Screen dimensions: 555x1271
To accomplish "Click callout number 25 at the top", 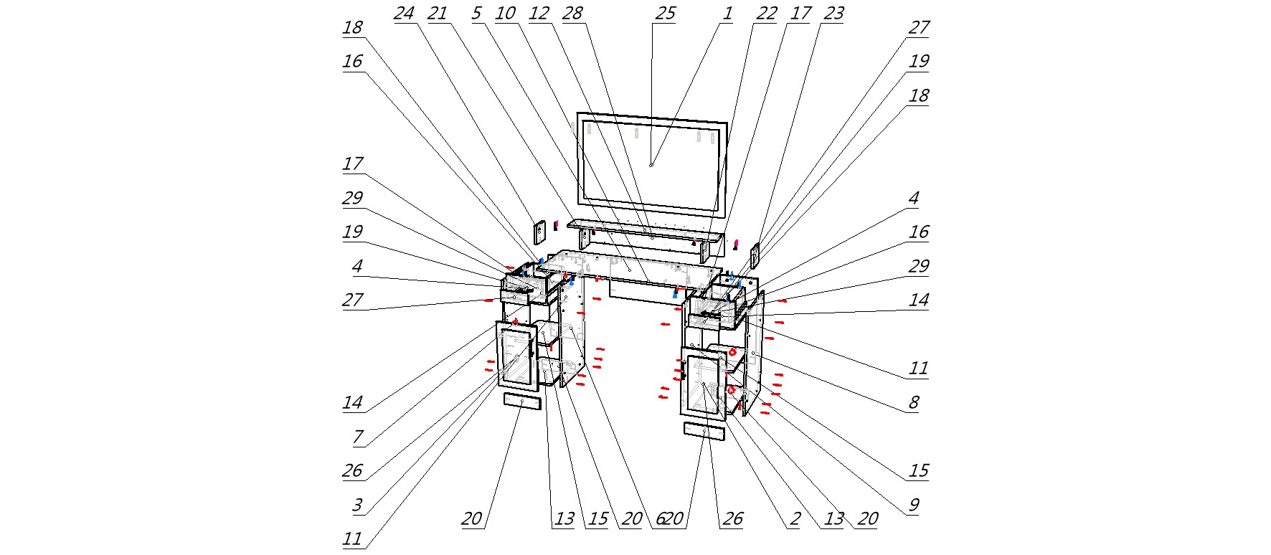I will pos(665,14).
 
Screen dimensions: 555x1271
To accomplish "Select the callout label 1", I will pos(727,14).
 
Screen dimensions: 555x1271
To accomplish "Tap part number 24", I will pos(404,14).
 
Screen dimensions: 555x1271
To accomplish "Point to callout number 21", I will pos(437,14).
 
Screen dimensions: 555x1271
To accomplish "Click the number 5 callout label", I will pos(476,14).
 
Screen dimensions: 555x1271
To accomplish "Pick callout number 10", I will pos(505,14).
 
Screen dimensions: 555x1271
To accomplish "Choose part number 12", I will pos(538,14).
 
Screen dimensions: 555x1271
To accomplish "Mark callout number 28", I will pos(572,14).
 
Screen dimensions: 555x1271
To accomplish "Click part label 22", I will pos(766,14).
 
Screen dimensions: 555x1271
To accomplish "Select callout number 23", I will pos(833,14).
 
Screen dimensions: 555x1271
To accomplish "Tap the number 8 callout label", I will pos(913,402).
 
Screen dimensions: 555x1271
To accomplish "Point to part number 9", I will pos(913,505).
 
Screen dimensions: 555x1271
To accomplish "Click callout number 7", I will pos(357,436).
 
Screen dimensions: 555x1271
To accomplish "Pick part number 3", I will pos(357,505).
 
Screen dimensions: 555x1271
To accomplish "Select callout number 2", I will pos(794,519).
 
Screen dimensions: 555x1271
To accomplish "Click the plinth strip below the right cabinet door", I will pos(704,430).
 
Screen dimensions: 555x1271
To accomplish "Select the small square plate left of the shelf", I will pos(539,232).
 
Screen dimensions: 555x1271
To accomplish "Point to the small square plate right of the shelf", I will pos(755,254).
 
